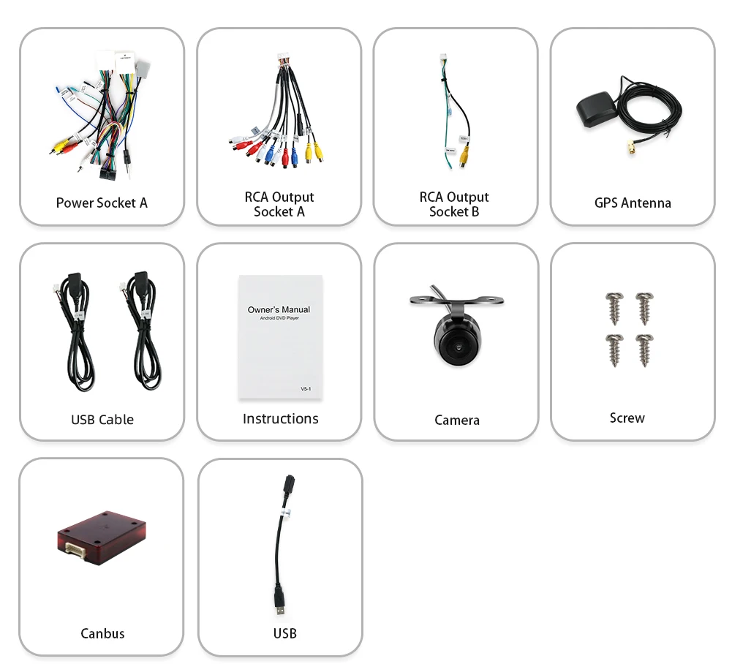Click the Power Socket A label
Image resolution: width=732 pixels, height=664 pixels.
click(102, 203)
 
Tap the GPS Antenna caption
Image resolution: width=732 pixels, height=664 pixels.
click(633, 203)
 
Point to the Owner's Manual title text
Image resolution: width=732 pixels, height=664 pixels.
click(279, 309)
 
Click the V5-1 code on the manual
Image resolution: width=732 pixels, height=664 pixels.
click(306, 388)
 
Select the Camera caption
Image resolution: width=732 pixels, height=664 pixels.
click(457, 420)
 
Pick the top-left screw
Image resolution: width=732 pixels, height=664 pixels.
click(614, 303)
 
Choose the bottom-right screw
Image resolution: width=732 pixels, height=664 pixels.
click(644, 347)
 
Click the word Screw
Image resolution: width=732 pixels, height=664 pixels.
click(627, 418)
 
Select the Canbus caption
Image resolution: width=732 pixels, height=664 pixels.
click(102, 633)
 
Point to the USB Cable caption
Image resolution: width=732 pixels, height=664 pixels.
click(102, 419)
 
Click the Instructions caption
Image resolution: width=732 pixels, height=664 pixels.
click(281, 418)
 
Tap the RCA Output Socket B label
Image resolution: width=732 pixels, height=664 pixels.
click(454, 204)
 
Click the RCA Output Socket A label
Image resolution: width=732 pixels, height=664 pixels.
click(279, 204)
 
